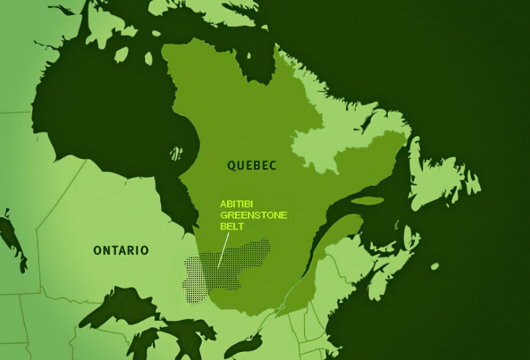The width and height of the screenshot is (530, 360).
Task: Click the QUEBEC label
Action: (251, 165)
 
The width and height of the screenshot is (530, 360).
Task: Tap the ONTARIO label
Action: (121, 250)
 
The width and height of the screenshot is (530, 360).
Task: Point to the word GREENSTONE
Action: (254, 215)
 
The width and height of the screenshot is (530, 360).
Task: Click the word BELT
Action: (230, 225)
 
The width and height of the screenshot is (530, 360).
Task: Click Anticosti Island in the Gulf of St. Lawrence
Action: (367, 200)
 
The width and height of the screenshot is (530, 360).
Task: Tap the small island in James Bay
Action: (176, 153)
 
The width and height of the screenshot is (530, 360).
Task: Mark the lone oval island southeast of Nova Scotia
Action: (435, 266)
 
